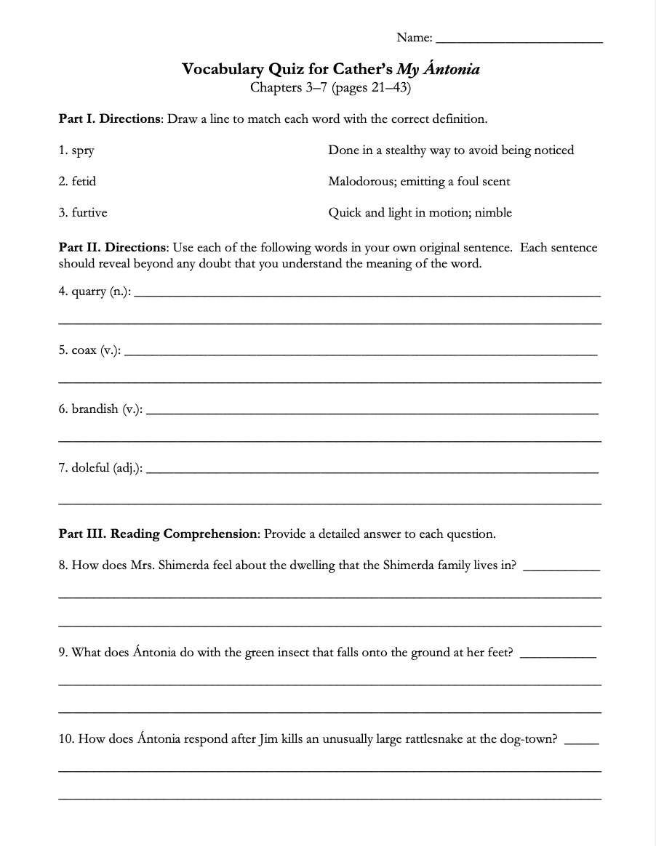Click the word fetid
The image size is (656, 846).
click(84, 181)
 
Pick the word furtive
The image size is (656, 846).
click(89, 212)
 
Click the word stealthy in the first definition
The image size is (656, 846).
click(409, 150)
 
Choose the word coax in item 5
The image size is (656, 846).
click(84, 350)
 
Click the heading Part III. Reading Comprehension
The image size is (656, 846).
click(158, 533)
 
